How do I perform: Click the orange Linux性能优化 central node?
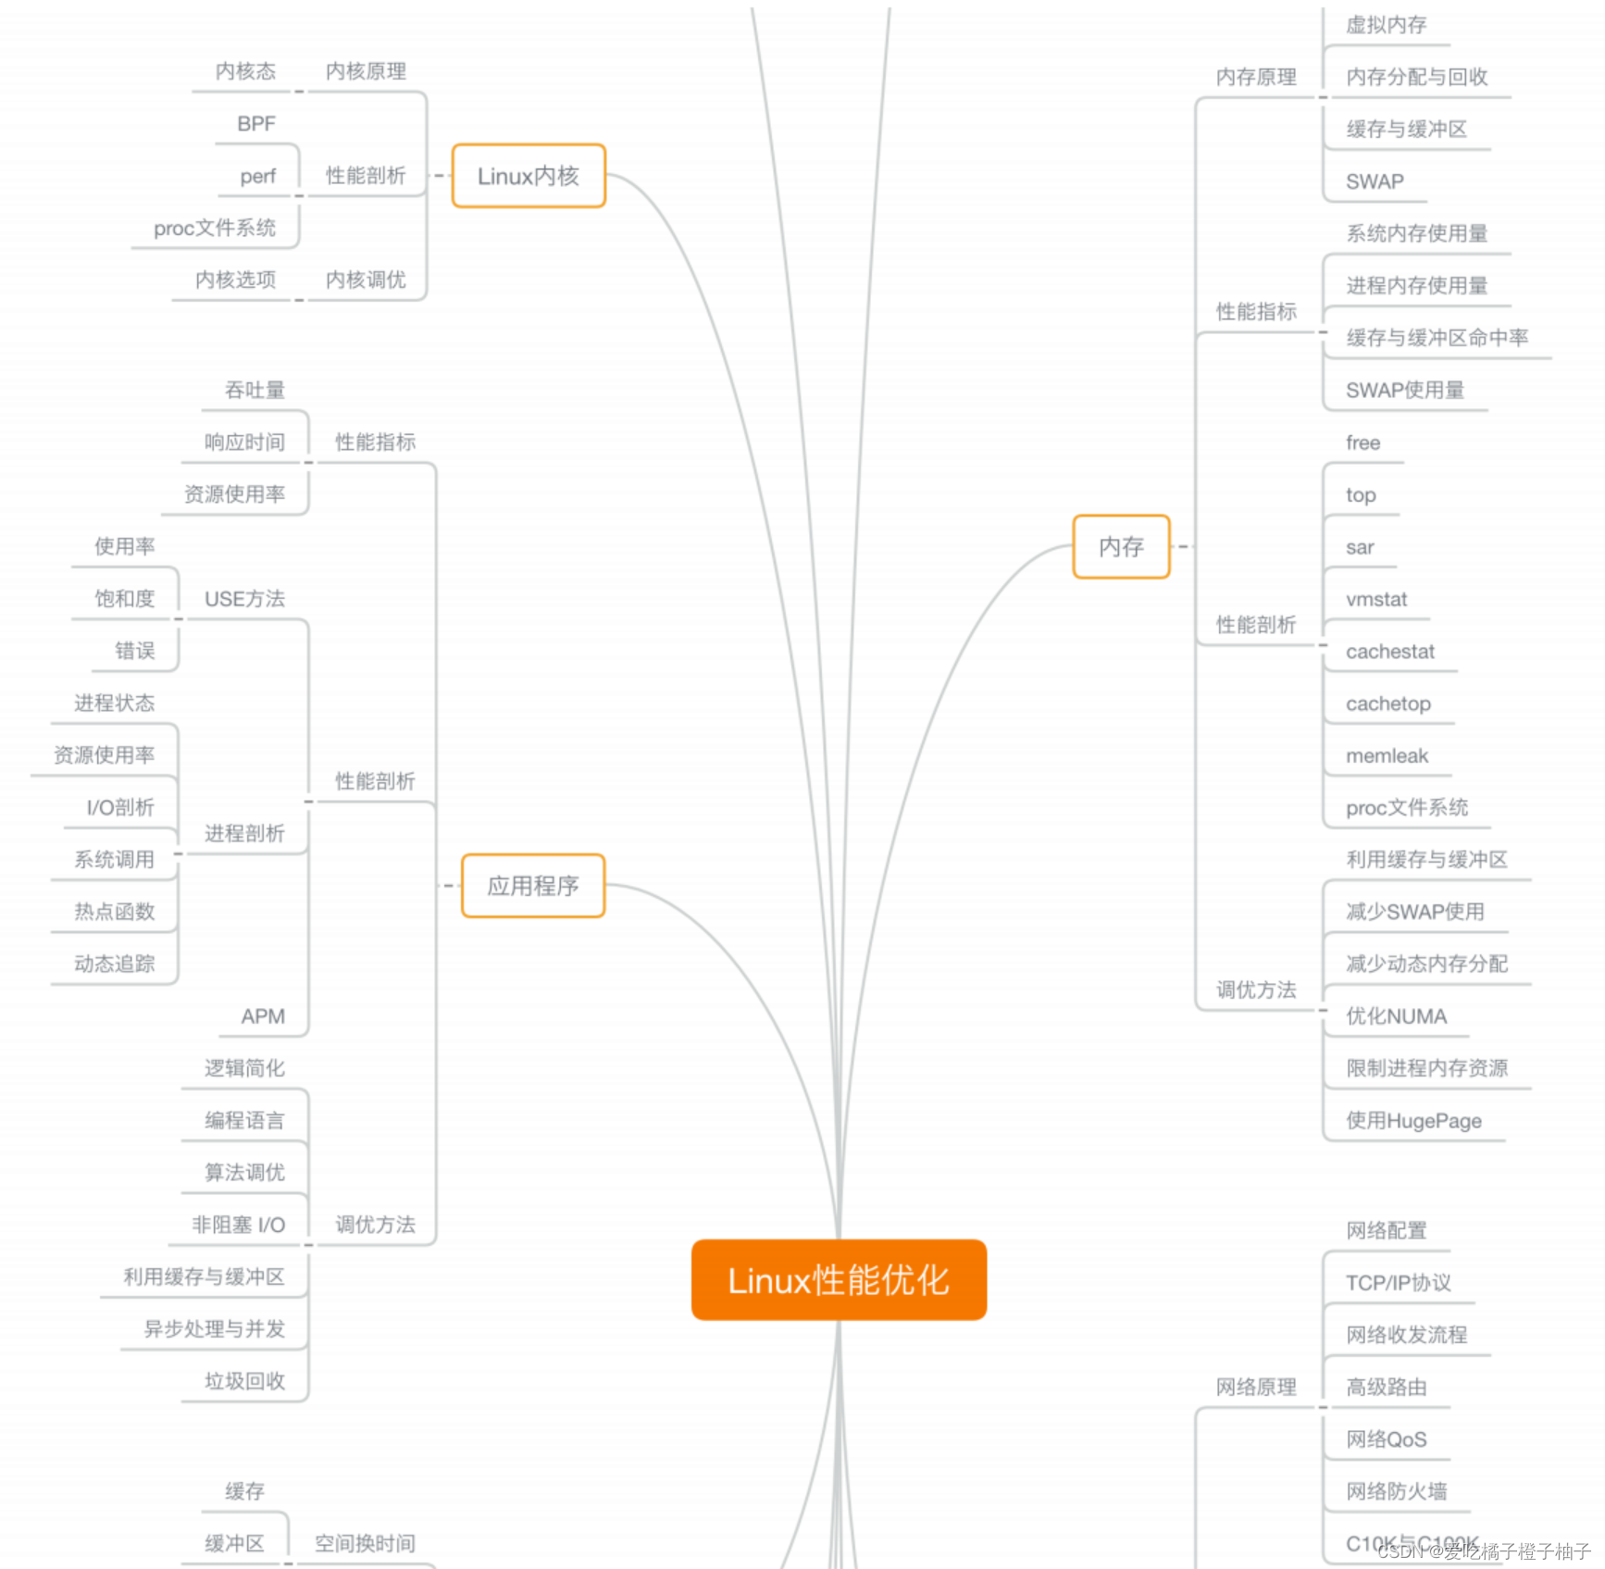coord(839,1280)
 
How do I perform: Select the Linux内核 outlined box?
coord(529,176)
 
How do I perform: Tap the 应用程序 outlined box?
coord(533,886)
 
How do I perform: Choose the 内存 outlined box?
coord(1121,547)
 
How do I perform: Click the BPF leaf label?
coord(256,124)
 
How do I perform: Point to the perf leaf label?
coord(258,176)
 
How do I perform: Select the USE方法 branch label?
coord(244,599)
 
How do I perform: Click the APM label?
coord(263,1016)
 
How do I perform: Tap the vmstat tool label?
coord(1376,600)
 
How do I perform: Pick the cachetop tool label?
coord(1388,704)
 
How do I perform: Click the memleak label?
coord(1387,756)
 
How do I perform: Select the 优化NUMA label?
coord(1396,1016)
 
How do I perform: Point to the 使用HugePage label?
coord(1413,1121)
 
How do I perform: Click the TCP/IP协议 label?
coord(1398,1283)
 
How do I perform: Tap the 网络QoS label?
coord(1386,1439)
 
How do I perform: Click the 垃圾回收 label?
coord(244,1381)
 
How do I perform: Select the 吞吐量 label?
coord(255,391)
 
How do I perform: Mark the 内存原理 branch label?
coord(1256,77)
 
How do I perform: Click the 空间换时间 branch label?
coord(365,1543)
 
